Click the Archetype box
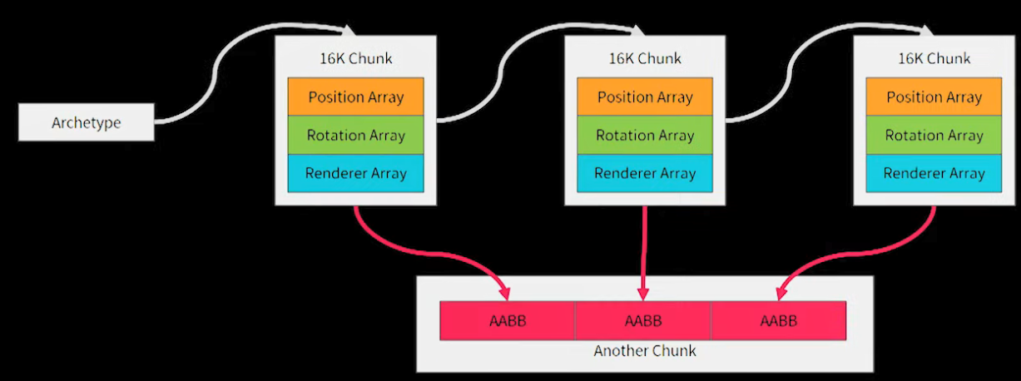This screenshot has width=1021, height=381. (x=87, y=123)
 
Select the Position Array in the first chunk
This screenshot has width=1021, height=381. (x=355, y=96)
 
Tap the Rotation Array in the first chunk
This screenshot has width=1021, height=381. (x=355, y=135)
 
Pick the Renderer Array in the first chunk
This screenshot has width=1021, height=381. (x=355, y=173)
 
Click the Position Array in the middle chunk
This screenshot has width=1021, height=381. (x=645, y=96)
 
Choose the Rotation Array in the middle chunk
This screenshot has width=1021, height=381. (x=645, y=135)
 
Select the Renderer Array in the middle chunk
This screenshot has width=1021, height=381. (x=645, y=173)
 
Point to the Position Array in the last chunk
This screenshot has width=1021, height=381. (x=934, y=96)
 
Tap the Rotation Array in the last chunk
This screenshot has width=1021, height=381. (x=934, y=135)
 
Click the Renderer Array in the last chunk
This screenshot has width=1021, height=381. (x=934, y=173)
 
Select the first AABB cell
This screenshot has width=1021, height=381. (x=508, y=320)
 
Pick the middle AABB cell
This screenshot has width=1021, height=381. (x=643, y=320)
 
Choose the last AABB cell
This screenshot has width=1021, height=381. (x=778, y=320)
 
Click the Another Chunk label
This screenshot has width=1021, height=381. (x=645, y=351)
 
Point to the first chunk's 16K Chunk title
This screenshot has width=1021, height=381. (x=355, y=58)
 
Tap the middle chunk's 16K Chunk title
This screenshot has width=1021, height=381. (x=645, y=58)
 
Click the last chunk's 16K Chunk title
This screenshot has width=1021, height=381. (x=934, y=58)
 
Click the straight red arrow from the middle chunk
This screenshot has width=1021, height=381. (x=643, y=250)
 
